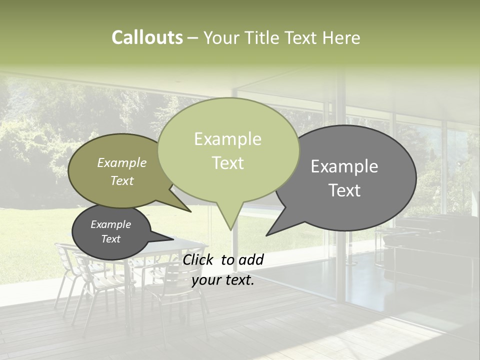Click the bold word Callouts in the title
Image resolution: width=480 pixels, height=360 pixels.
point(147,37)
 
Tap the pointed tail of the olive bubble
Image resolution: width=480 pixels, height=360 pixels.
point(190,211)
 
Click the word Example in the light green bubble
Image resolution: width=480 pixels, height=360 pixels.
point(227,139)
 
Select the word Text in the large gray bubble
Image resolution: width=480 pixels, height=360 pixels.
point(344,190)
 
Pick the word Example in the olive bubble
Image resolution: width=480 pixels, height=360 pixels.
point(121,162)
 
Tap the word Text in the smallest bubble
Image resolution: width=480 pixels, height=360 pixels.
point(110,239)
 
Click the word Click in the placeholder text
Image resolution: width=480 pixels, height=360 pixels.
point(198,259)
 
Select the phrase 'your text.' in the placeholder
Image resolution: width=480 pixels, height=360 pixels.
point(223,280)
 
